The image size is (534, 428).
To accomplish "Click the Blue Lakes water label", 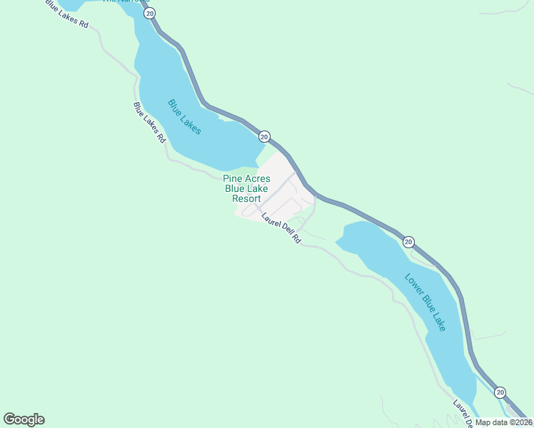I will (184, 116).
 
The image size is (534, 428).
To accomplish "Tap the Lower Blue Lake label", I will (425, 302).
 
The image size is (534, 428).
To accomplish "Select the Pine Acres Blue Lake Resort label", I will (246, 188).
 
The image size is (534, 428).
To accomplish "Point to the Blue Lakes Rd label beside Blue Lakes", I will (149, 123).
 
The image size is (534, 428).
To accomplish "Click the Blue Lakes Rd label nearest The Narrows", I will (66, 13).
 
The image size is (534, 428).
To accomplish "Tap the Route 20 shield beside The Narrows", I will (149, 14).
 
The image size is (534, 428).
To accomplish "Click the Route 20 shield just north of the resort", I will (264, 136).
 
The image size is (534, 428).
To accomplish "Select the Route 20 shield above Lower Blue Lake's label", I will (408, 243).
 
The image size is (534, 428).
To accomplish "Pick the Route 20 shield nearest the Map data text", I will (500, 392).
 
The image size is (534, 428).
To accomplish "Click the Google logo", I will (24, 419).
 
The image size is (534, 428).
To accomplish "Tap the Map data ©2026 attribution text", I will (504, 422).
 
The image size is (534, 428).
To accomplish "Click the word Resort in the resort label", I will (246, 198).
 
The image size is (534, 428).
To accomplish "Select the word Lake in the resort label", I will (258, 188).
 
